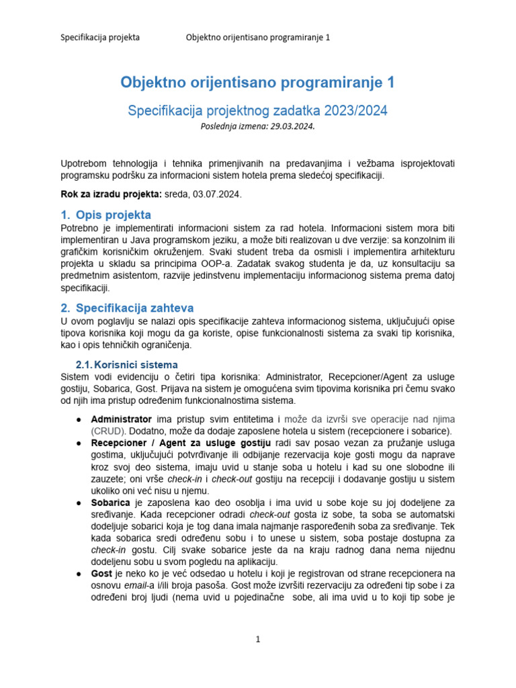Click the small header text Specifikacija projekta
(100, 37)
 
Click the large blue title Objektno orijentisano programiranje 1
(257, 83)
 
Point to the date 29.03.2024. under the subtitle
(292, 125)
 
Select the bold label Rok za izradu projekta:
(111, 194)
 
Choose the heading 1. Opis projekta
(105, 215)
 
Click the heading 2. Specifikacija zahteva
(127, 308)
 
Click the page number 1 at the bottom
(257, 640)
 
